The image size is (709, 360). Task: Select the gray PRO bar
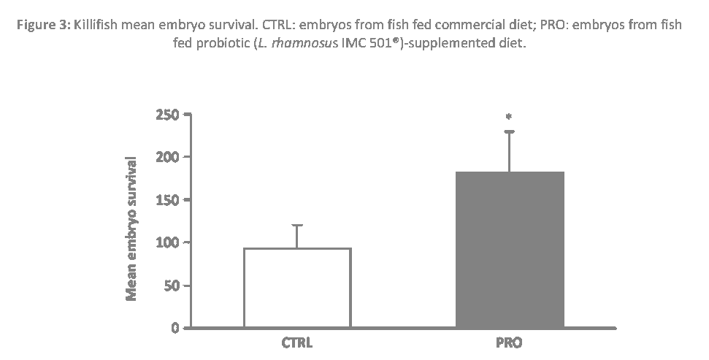(x=510, y=249)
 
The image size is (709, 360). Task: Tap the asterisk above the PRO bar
(x=509, y=116)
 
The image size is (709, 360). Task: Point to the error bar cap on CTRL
(x=297, y=225)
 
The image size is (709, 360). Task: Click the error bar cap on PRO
(x=509, y=131)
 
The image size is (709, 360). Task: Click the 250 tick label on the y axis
(x=167, y=115)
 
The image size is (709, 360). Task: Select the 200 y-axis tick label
(x=167, y=157)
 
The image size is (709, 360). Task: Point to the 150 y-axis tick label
(x=167, y=199)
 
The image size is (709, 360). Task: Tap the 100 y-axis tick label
(x=167, y=242)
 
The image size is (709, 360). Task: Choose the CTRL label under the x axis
(x=297, y=342)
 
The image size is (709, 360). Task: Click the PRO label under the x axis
(x=509, y=342)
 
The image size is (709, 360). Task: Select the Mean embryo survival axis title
(x=132, y=229)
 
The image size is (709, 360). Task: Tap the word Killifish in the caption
(x=97, y=25)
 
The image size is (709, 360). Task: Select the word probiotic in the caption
(x=222, y=44)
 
